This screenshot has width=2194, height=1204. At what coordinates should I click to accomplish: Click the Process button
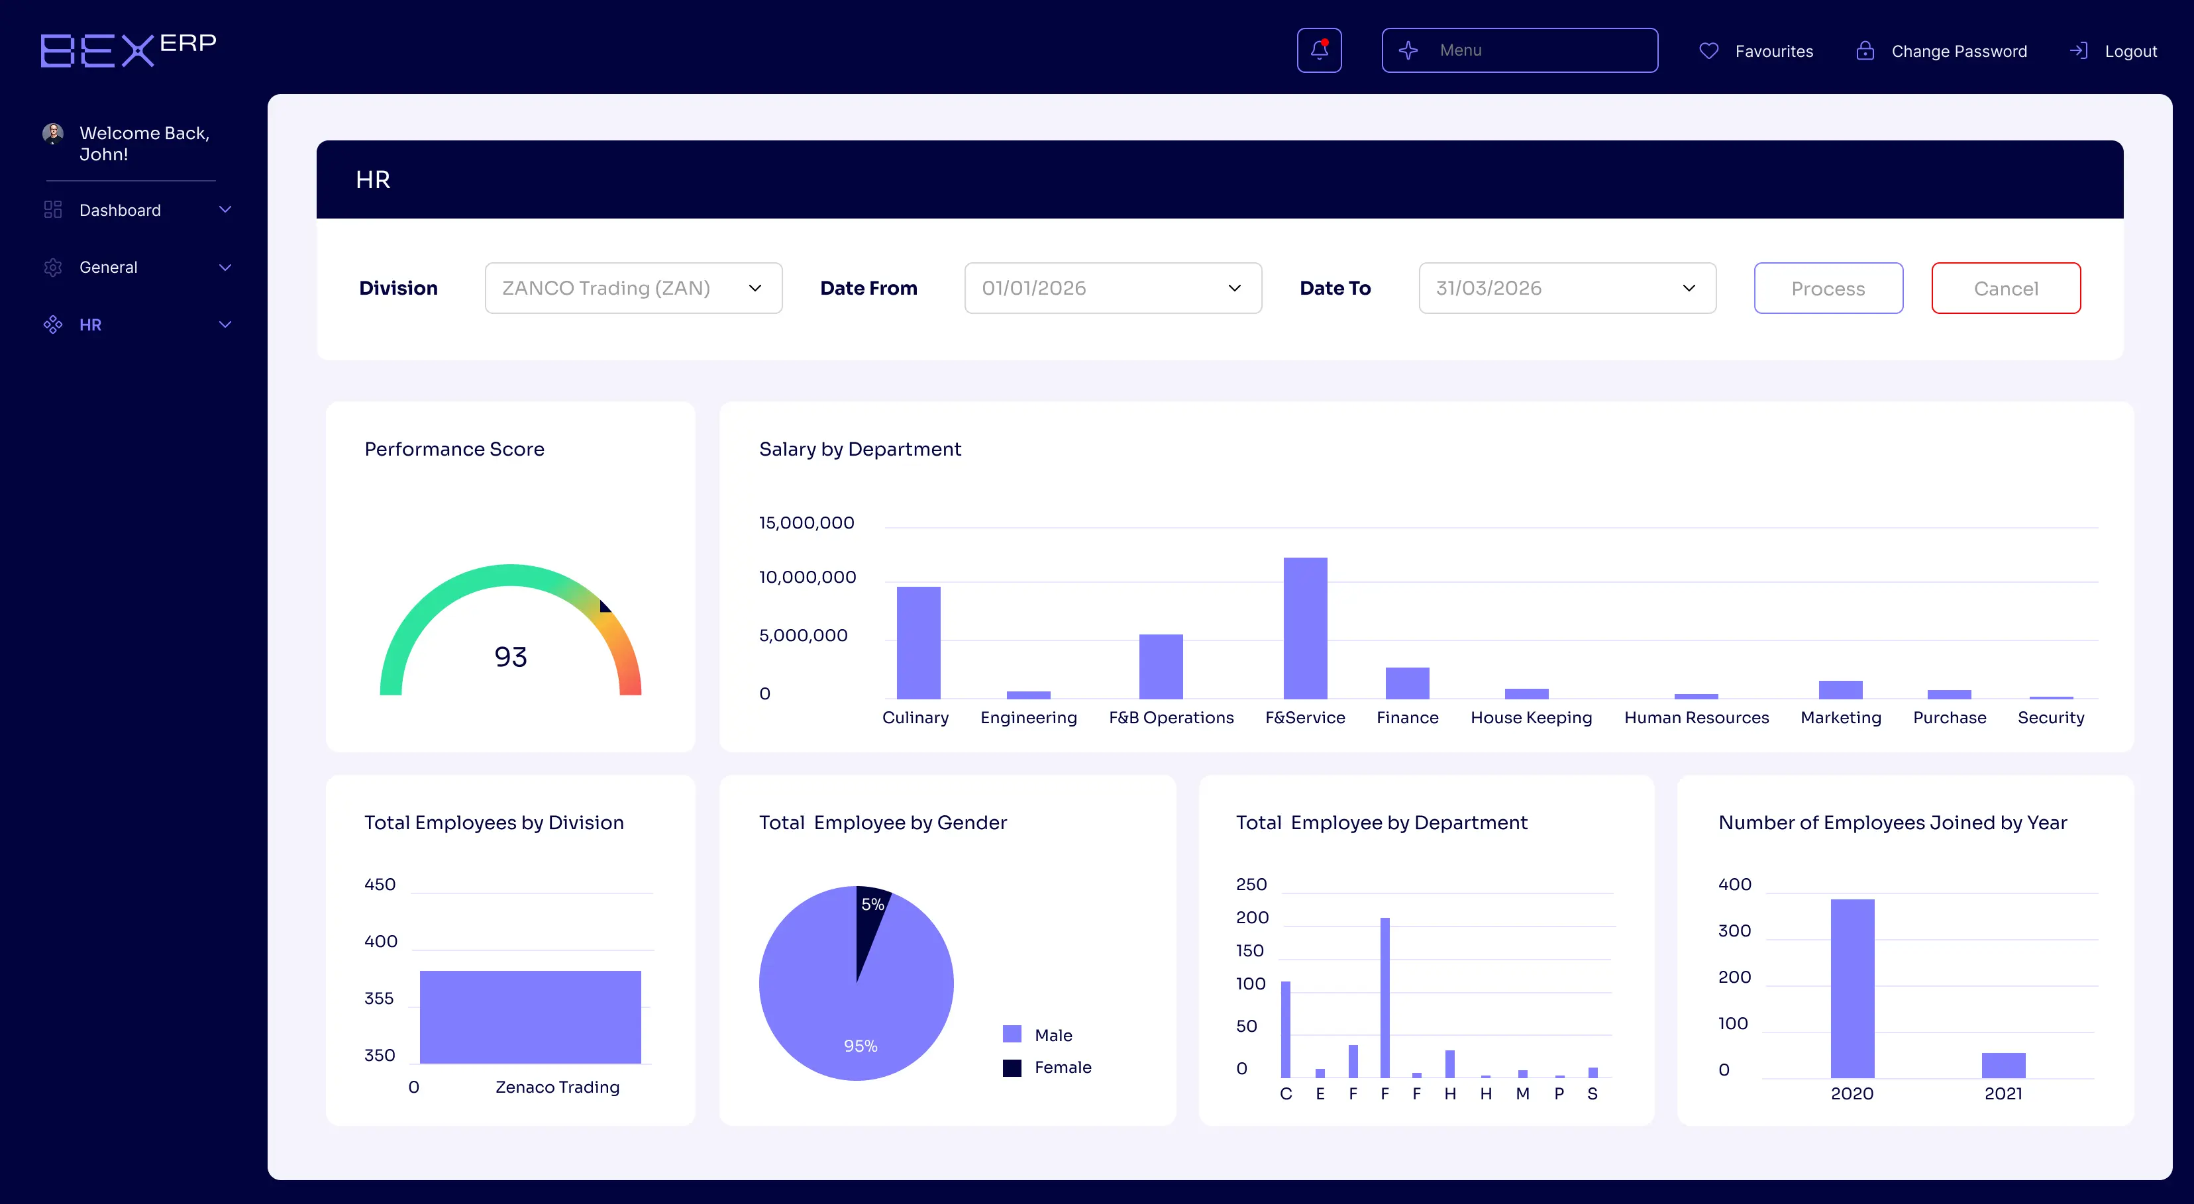[x=1828, y=289]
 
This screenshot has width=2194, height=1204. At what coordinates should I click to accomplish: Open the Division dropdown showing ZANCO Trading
[x=633, y=289]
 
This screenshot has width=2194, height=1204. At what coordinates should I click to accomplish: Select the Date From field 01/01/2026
[x=1112, y=289]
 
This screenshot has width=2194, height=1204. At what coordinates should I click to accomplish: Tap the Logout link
[x=2129, y=51]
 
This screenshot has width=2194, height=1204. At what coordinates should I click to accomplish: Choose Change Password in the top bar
[x=1958, y=51]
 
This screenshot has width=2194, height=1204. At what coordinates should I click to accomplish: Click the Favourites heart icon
[x=1708, y=51]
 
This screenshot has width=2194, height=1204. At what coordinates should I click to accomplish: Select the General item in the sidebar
[x=108, y=268]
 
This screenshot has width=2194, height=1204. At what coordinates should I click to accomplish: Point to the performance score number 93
[x=510, y=656]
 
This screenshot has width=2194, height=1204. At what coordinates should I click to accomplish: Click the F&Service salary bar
[x=1305, y=628]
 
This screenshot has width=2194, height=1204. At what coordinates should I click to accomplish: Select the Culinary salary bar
[x=918, y=643]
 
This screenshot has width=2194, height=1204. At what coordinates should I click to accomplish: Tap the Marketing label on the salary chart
[x=1840, y=718]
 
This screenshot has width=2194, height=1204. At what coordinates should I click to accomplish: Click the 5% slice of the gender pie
[x=870, y=915]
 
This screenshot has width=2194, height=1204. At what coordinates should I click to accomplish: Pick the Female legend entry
[x=1061, y=1068]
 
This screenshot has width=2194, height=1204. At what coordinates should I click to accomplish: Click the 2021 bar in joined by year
[x=2003, y=1065]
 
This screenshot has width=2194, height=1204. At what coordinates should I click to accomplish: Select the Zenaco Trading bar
[x=530, y=1017]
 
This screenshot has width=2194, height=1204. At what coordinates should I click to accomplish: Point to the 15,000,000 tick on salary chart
[x=806, y=523]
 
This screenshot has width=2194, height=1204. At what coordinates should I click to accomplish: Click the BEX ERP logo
[x=128, y=50]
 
